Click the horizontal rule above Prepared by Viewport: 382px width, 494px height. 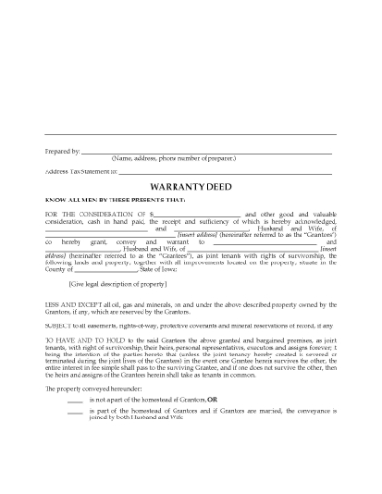click(191, 133)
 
